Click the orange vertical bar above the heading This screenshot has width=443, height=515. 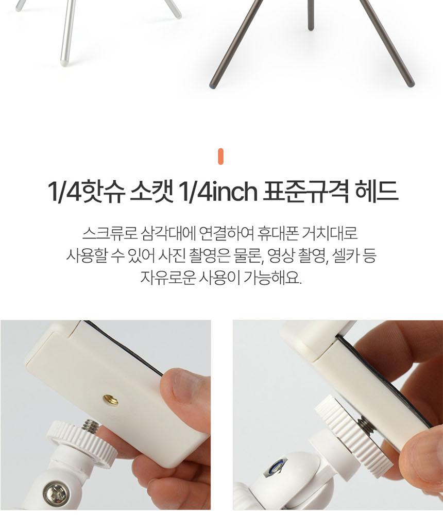click(x=220, y=157)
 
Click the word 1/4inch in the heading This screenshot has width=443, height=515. click(x=217, y=192)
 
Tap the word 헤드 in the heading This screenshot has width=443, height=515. click(x=377, y=192)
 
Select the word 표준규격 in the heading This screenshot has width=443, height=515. click(x=306, y=192)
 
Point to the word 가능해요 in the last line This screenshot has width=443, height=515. click(x=272, y=278)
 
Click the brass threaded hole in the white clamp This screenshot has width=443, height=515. click(x=111, y=400)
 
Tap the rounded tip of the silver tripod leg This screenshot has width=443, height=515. click(x=64, y=62)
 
